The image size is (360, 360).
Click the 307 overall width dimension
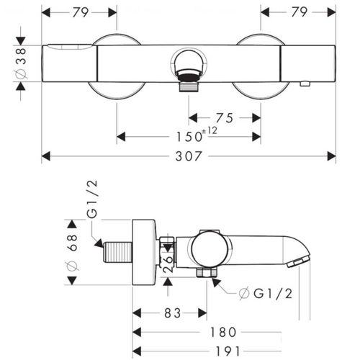click(x=189, y=156)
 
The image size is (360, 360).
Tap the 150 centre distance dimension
click(x=189, y=137)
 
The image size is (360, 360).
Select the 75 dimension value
click(x=225, y=118)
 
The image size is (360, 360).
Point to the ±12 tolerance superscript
click(x=210, y=131)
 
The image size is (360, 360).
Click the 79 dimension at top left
click(x=81, y=12)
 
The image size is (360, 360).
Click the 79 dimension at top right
click(x=300, y=12)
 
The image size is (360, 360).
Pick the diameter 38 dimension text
click(x=21, y=63)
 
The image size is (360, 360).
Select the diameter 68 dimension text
click(x=72, y=253)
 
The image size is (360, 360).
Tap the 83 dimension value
click(x=172, y=313)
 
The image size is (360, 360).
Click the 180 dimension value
click(x=223, y=333)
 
